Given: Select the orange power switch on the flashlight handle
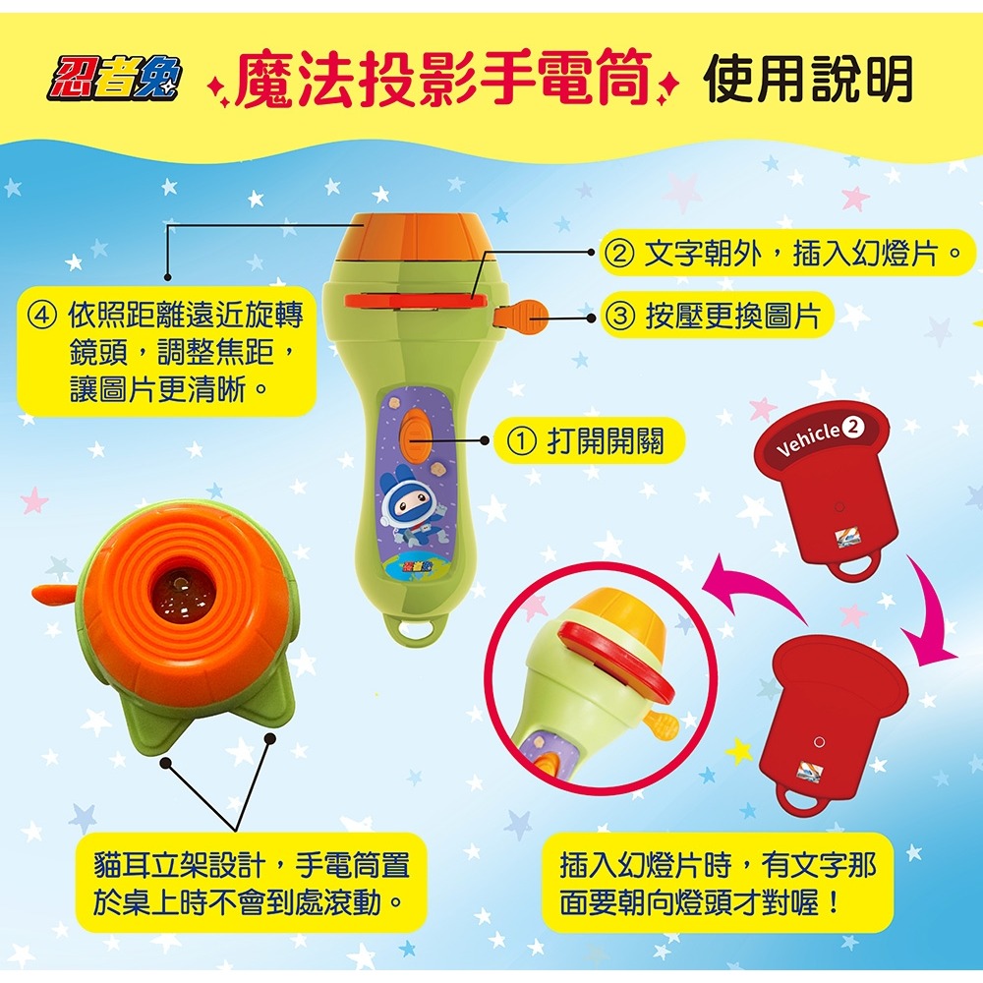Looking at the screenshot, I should tap(414, 433).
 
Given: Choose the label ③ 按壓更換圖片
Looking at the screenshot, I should tap(714, 316).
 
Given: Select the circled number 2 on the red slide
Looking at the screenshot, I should tap(852, 428).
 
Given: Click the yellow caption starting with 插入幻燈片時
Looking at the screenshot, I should tap(718, 882).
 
